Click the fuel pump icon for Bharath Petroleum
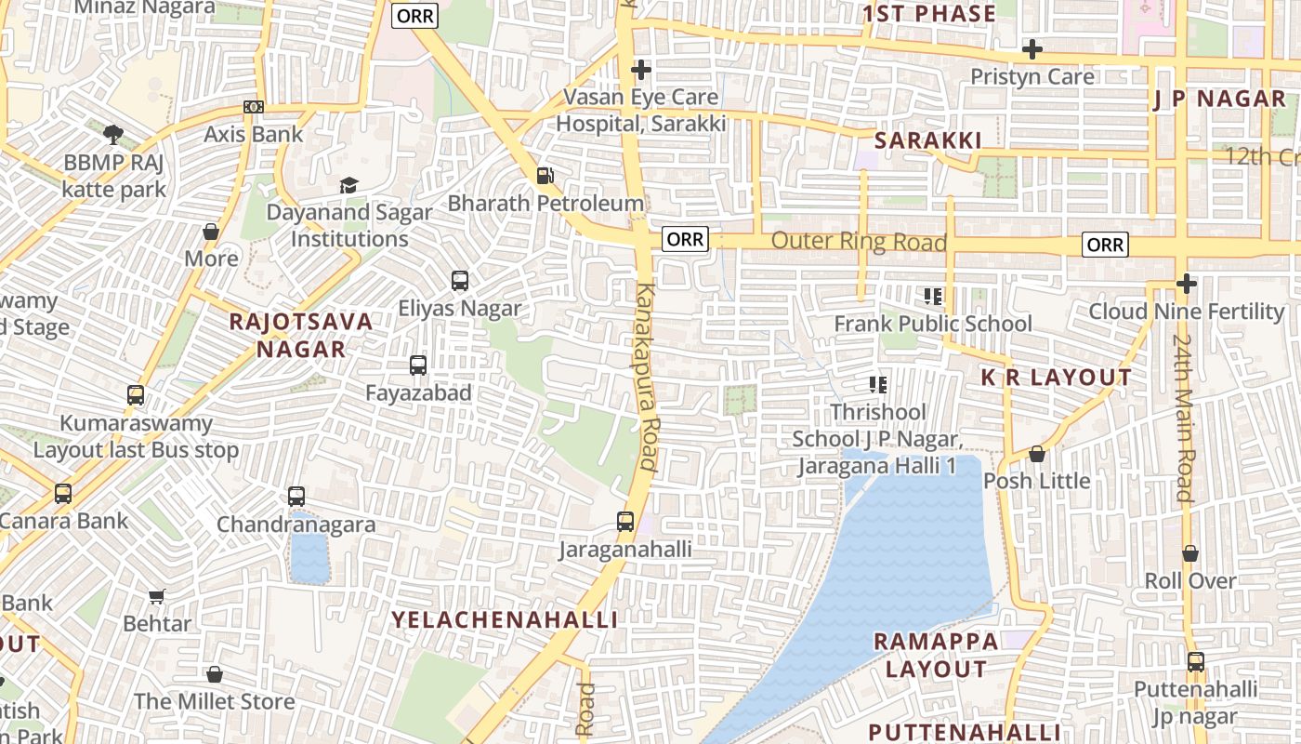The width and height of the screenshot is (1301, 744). click(x=545, y=175)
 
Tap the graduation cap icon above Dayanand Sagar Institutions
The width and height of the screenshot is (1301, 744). click(x=348, y=185)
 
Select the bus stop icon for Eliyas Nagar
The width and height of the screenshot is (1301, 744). click(x=459, y=281)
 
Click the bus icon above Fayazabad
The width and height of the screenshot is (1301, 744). click(x=418, y=365)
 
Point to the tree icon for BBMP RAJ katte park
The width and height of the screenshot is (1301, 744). click(x=113, y=135)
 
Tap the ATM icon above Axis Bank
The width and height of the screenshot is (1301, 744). click(x=253, y=107)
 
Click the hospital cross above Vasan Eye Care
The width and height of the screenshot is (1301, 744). click(x=640, y=70)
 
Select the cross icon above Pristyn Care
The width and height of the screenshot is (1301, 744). click(x=1032, y=49)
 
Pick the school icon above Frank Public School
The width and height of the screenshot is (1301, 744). click(x=933, y=297)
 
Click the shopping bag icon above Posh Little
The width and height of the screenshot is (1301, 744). click(x=1037, y=454)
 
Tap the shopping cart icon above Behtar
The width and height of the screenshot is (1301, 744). click(x=157, y=596)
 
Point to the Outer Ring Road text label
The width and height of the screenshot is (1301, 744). click(x=859, y=242)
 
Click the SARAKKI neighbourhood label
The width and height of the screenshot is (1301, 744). click(x=927, y=140)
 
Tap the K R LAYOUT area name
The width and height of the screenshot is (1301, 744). click(x=1057, y=378)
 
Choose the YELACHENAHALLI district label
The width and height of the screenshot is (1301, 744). click(x=505, y=620)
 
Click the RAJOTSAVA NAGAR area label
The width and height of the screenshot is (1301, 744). click(x=301, y=336)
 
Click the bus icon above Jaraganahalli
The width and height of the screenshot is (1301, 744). click(x=625, y=522)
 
